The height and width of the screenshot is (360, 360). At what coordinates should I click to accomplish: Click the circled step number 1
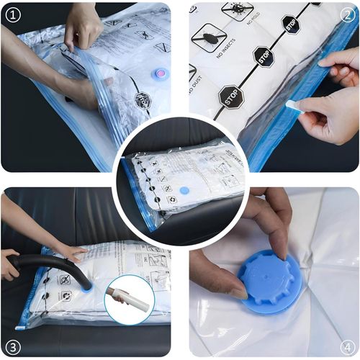point(12,12)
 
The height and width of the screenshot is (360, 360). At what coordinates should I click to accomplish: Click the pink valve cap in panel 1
point(160,73)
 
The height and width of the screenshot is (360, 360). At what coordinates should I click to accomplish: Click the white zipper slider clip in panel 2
point(293,107)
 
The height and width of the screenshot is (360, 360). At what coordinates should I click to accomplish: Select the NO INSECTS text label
point(214,63)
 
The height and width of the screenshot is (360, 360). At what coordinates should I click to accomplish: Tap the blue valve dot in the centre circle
point(184,191)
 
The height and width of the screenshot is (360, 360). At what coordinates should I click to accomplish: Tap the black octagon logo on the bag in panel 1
point(142,101)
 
